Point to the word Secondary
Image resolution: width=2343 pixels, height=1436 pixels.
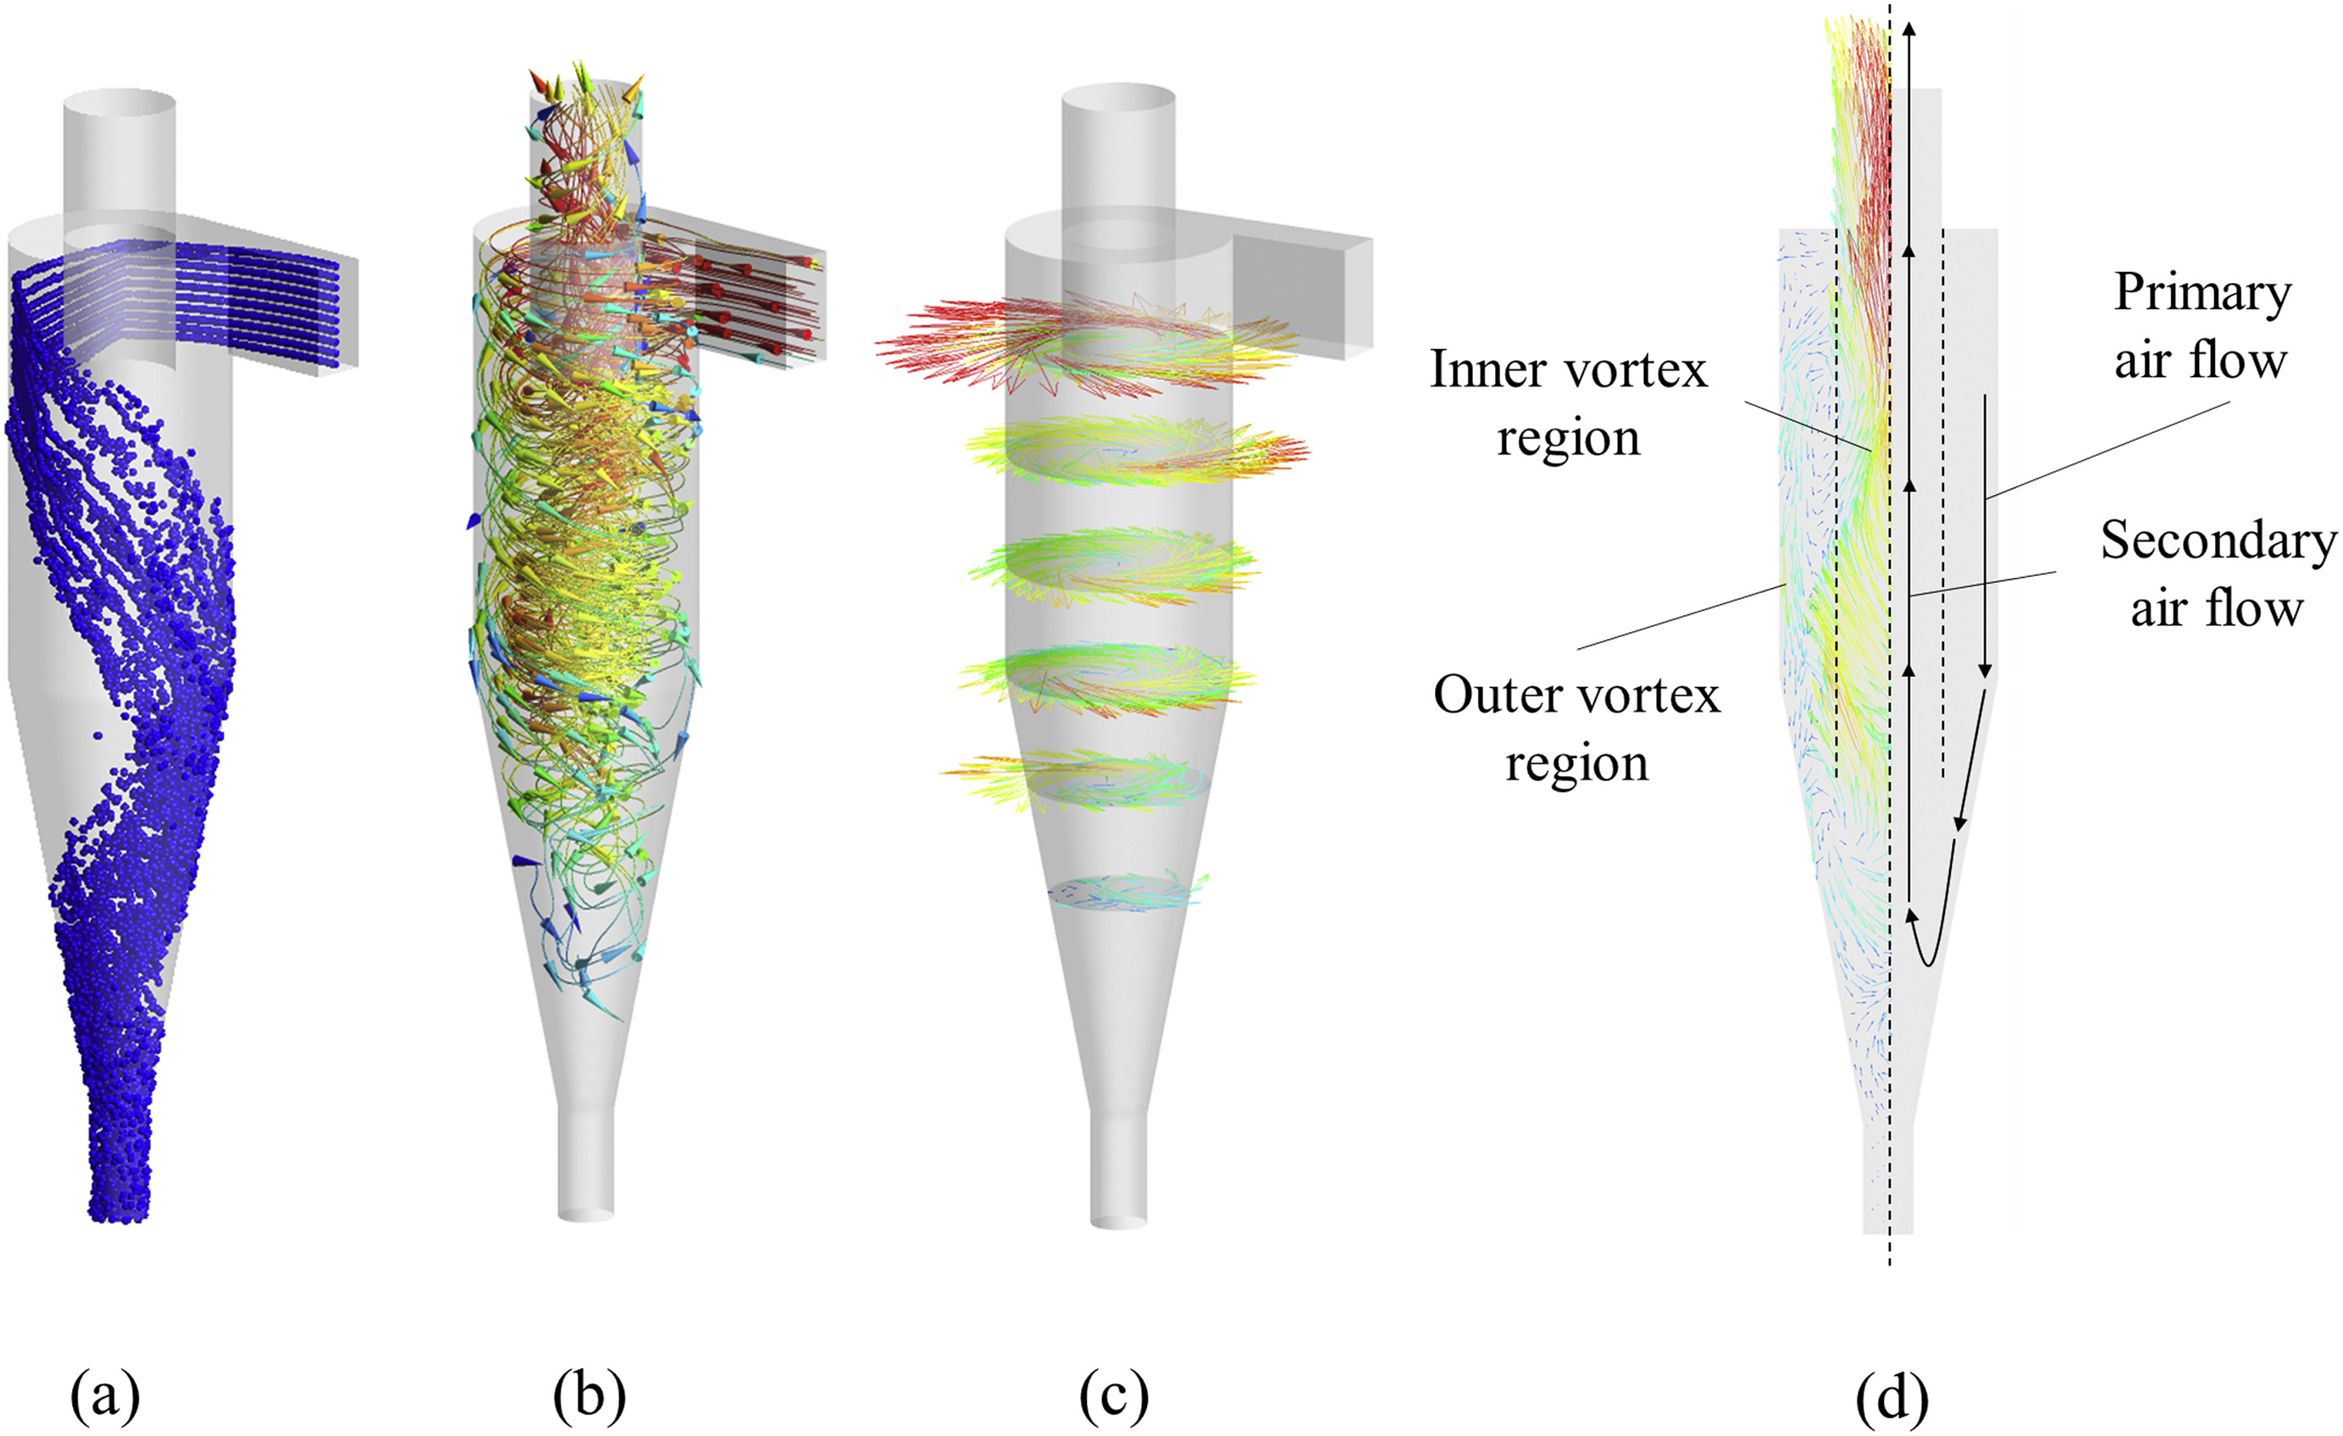coord(2218,542)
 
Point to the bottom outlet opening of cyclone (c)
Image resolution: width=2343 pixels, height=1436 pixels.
coord(1118,1219)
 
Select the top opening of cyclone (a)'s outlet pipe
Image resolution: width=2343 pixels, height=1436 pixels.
coord(119,102)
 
